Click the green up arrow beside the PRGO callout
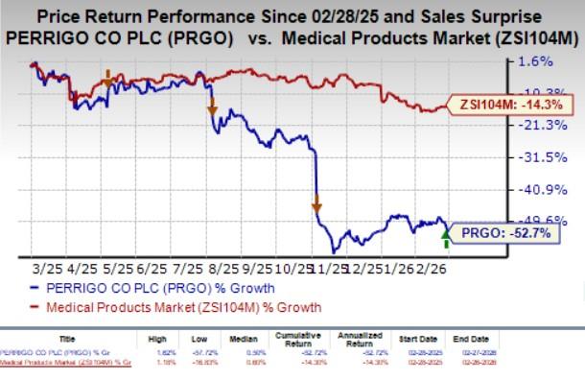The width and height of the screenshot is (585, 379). click(x=443, y=230)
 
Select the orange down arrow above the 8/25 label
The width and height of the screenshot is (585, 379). click(x=212, y=109)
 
